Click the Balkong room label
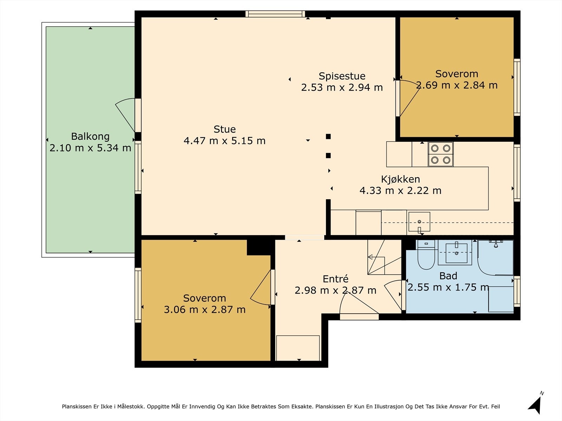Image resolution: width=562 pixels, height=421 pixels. pos(90,136)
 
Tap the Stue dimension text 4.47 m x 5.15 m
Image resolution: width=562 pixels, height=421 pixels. pos(224,141)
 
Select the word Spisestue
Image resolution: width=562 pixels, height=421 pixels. pos(342,76)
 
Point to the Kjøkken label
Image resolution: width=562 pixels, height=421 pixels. pos(400,179)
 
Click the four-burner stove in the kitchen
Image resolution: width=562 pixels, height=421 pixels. pos(440,154)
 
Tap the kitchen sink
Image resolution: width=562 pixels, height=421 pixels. pos(419,222)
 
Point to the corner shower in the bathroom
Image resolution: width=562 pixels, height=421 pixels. pos(495,258)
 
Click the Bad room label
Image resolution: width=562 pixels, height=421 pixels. pos(448,276)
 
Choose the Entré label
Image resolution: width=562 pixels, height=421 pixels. pos(335,279)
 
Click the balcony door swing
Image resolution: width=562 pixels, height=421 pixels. pos(125,115)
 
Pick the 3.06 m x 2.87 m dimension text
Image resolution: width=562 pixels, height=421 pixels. pos(204,310)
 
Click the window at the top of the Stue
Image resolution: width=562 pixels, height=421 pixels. pos(275,14)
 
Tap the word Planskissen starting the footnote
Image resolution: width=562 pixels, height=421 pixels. pos(76,406)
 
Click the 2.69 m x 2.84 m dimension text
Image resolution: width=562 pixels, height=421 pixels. pos(457,85)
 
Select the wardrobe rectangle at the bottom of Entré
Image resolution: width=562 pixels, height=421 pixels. pos(298,348)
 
